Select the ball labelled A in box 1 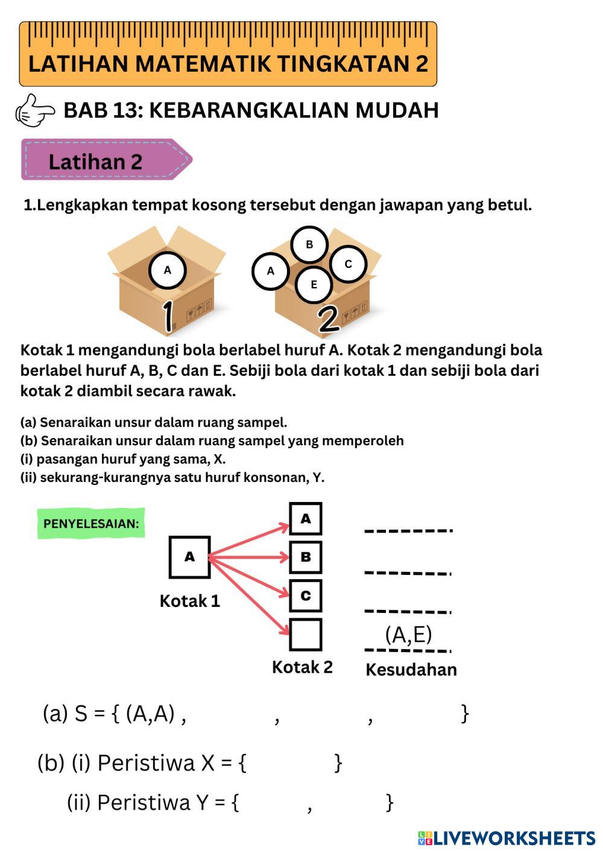(x=167, y=270)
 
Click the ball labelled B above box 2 (x=309, y=244)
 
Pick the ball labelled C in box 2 (x=348, y=264)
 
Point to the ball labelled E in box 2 (x=314, y=284)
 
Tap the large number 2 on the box (x=329, y=319)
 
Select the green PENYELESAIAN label (x=91, y=523)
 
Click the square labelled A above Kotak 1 (x=190, y=557)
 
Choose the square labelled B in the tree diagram (x=306, y=557)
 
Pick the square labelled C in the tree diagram (x=306, y=595)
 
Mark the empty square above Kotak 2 (x=306, y=634)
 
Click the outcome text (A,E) (x=409, y=635)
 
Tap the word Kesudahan (x=411, y=670)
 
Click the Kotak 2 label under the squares (x=302, y=667)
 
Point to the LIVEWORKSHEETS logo (x=507, y=838)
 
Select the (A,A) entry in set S (x=150, y=714)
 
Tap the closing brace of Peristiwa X (x=338, y=763)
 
